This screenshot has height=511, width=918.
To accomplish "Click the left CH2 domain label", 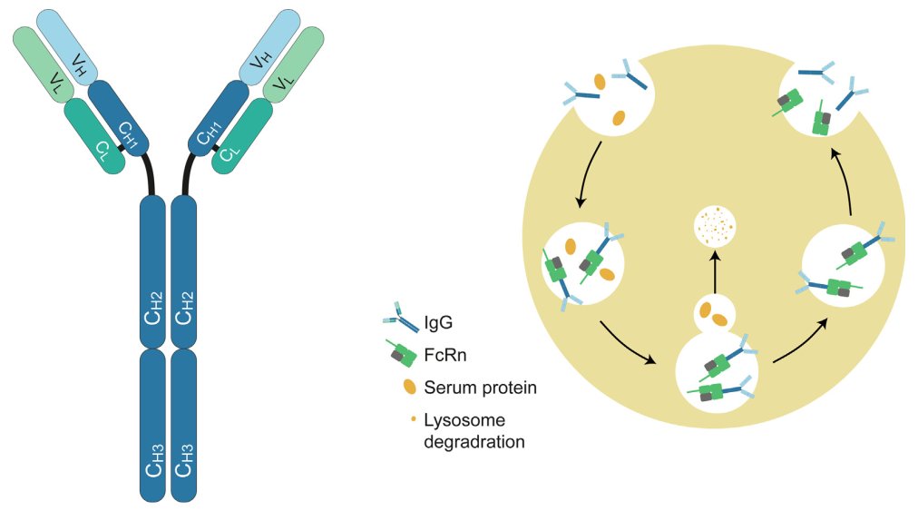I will (152, 309).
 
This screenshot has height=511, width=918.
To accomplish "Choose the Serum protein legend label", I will (481, 388).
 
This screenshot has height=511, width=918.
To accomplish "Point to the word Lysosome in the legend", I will (463, 421).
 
